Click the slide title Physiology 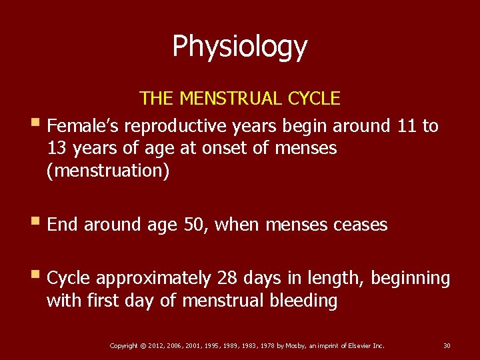(x=240, y=47)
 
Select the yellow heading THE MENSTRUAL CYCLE (x=240, y=99)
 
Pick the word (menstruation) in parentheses (x=108, y=171)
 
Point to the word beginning (x=410, y=278)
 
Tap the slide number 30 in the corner (x=447, y=345)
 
